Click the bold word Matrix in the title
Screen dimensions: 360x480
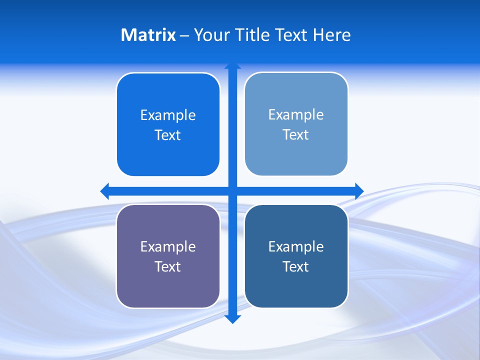[148, 35]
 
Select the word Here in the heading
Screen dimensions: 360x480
[331, 35]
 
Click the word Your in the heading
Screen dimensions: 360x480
[212, 35]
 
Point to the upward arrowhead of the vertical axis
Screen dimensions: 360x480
[232, 65]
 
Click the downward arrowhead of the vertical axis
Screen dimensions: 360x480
[232, 319]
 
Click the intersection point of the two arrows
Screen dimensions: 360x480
[232, 191]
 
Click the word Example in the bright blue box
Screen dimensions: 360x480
[168, 115]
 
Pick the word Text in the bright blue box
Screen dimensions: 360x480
[168, 135]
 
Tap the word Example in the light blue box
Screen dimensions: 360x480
[296, 115]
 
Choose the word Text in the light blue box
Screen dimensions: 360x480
[296, 135]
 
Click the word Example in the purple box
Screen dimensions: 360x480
[168, 247]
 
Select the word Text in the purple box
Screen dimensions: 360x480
[168, 267]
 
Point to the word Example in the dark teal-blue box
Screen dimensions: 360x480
[296, 247]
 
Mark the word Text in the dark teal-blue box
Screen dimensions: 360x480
[296, 267]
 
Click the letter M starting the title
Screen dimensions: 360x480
[127, 35]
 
